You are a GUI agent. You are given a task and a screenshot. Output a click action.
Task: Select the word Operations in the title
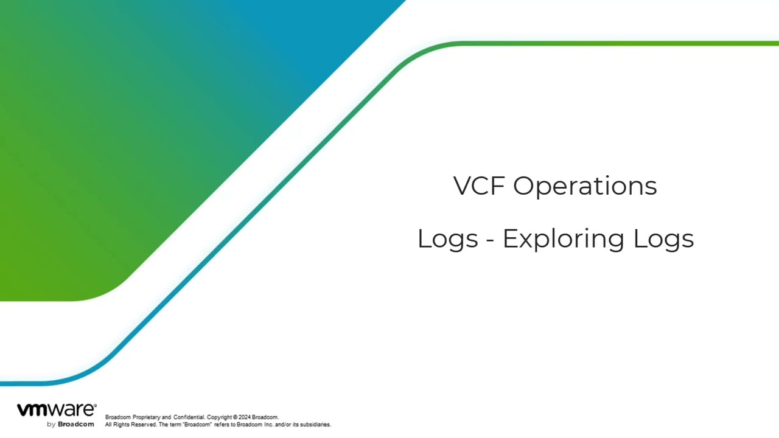(585, 186)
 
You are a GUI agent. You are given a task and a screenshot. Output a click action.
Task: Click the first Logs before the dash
(447, 238)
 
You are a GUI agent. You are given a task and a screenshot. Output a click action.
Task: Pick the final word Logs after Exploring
(663, 238)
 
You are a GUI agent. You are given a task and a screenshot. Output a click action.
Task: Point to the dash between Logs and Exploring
(490, 240)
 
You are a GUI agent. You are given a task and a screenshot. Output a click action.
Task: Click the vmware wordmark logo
(55, 410)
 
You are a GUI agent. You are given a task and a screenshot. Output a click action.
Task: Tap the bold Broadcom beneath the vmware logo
(76, 424)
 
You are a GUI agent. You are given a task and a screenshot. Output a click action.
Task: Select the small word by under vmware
(51, 424)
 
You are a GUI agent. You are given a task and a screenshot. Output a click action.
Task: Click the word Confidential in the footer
(189, 417)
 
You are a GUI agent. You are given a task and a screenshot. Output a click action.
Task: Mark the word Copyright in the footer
(220, 417)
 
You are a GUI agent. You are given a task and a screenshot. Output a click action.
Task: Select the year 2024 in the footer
(245, 417)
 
